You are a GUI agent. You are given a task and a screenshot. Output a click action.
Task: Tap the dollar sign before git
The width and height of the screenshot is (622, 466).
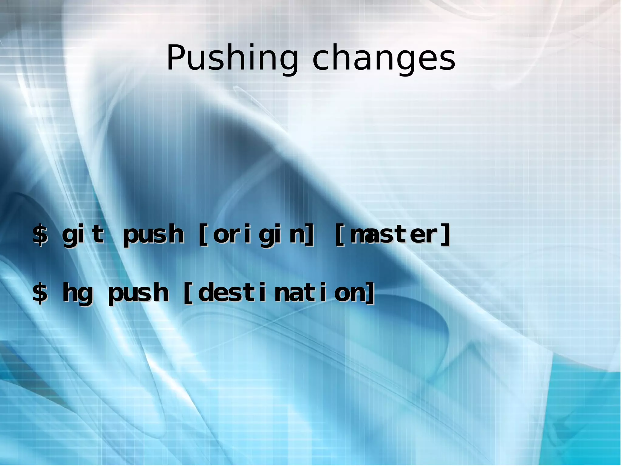click(x=40, y=234)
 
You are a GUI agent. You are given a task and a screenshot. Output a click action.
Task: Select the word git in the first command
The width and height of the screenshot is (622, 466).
click(x=83, y=234)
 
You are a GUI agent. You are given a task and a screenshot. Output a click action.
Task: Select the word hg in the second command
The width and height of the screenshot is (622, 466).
click(x=77, y=293)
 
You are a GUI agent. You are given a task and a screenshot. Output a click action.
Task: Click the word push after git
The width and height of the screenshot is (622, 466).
click(x=153, y=235)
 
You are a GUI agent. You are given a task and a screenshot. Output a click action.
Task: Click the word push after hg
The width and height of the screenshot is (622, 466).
click(x=138, y=293)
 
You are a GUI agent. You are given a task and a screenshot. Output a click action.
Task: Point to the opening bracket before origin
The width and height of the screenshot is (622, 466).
click(x=203, y=234)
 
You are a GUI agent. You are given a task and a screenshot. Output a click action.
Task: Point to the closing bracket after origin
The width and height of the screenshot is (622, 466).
click(x=309, y=234)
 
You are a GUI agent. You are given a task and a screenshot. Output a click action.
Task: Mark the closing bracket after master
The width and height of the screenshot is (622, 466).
click(x=446, y=234)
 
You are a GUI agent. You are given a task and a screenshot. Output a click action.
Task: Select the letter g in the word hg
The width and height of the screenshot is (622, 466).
click(x=85, y=294)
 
